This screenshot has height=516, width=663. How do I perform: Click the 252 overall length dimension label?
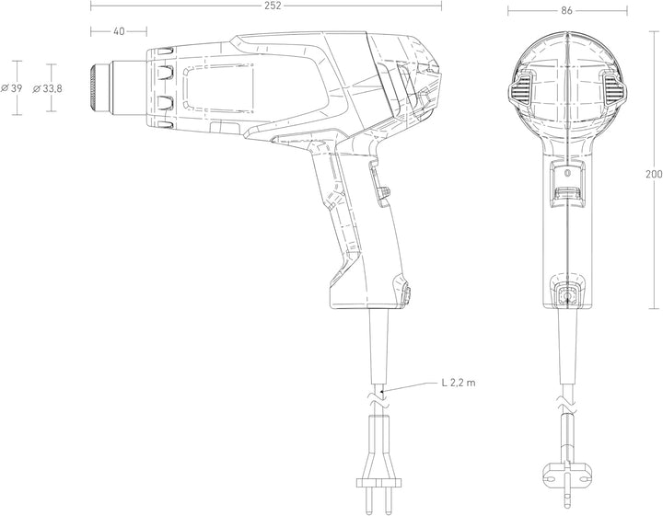click(x=273, y=6)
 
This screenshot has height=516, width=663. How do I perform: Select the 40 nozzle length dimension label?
click(x=119, y=31)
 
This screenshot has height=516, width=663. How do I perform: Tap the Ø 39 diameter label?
click(x=11, y=88)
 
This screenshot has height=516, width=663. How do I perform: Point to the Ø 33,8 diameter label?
click(x=47, y=88)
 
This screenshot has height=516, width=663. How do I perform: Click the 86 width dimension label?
click(x=566, y=11)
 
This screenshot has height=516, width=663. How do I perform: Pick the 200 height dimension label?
click(x=654, y=174)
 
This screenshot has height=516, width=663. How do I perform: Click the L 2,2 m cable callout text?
click(x=459, y=383)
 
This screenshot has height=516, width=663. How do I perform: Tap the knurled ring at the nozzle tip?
click(x=93, y=88)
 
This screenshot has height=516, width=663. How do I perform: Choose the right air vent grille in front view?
click(x=613, y=90)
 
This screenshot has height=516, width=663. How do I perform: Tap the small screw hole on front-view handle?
click(x=568, y=173)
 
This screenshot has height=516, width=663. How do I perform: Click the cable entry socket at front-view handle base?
click(x=566, y=294)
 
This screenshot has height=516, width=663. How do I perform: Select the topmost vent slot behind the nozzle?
click(x=166, y=52)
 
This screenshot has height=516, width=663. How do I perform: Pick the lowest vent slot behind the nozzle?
click(x=166, y=124)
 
